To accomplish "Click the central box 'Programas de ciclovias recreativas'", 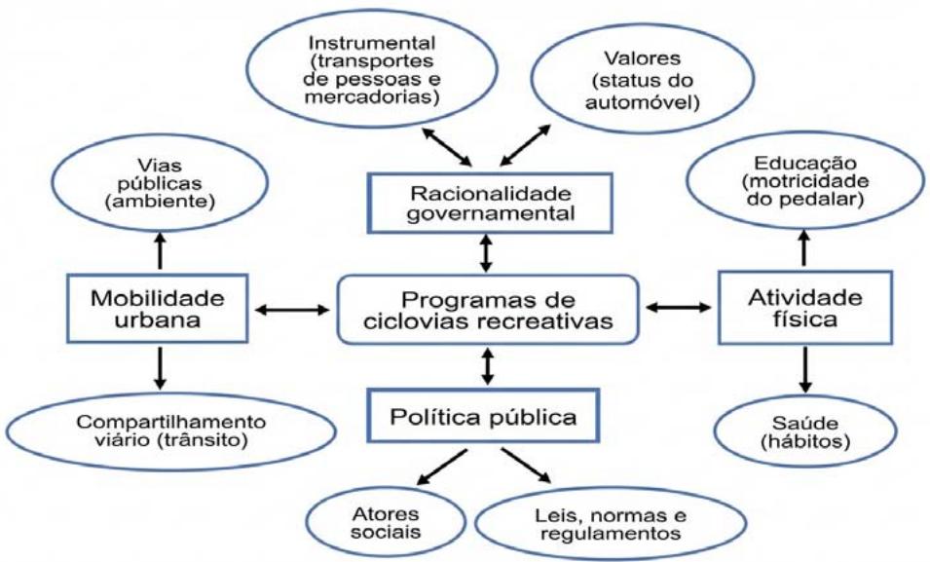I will coord(488,309).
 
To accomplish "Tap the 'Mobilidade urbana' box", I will coord(158,309).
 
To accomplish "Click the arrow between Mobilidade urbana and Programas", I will coord(292,310).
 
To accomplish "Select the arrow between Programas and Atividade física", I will coord(679,308).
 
